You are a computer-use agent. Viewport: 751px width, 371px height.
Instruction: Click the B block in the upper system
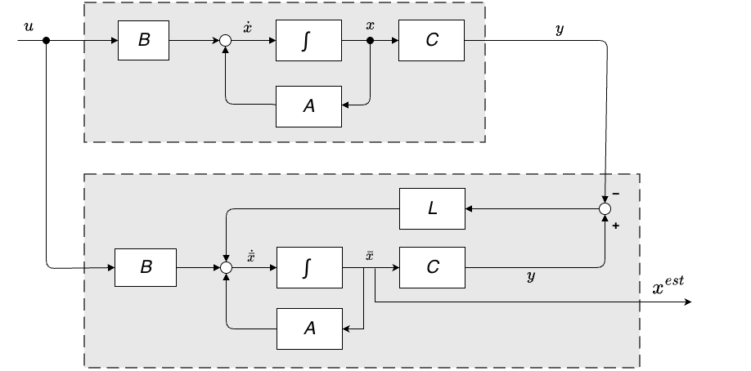point(144,40)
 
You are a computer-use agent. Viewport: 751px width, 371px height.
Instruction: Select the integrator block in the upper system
point(308,40)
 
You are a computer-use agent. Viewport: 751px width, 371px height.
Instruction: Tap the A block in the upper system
point(308,106)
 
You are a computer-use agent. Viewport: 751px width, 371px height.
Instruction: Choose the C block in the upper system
point(432,40)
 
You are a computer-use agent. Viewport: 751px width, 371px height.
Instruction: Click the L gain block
point(432,208)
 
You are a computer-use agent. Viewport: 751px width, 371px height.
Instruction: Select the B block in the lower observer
point(146,266)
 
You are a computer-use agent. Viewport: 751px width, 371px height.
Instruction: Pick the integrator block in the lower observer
point(310,266)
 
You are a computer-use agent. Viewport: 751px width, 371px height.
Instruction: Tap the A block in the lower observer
point(310,329)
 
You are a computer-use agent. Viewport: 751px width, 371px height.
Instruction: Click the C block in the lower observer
point(432,266)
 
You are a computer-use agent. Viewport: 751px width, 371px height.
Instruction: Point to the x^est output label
point(668,285)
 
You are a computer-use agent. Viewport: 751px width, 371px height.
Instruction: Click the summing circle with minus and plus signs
point(605,209)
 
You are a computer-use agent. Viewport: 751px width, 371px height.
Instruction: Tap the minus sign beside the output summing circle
point(615,194)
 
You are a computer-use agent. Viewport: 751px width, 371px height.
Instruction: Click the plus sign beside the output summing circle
point(615,225)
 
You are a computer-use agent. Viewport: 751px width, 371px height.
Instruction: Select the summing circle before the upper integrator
point(226,40)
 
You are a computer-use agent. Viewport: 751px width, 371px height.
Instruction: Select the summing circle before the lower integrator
point(226,266)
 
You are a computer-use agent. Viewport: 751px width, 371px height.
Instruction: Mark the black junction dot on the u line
point(47,40)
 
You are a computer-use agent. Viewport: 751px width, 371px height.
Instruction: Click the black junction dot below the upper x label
point(371,40)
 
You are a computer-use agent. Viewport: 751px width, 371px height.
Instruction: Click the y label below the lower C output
point(531,278)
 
